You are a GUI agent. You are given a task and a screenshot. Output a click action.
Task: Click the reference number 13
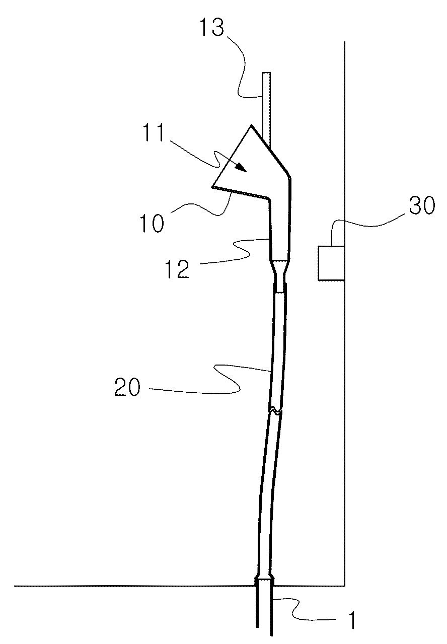coord(212,28)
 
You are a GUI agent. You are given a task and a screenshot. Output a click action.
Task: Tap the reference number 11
coord(155,132)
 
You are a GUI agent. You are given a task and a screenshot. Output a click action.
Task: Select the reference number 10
coord(152,224)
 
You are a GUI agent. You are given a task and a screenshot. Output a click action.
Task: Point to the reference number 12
coord(177,269)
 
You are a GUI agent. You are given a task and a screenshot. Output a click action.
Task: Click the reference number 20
coord(127,387)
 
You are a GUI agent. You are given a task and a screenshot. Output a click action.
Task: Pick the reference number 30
coord(422,205)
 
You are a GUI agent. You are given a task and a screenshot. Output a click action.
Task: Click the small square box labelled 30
coord(331,263)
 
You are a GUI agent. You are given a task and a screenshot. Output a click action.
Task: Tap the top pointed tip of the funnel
coord(252,125)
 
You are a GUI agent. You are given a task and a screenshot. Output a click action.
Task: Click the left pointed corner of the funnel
coord(212,187)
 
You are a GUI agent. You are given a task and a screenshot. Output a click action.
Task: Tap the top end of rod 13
coord(266,72)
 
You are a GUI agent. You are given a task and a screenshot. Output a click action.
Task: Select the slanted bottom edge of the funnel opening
coord(240,192)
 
